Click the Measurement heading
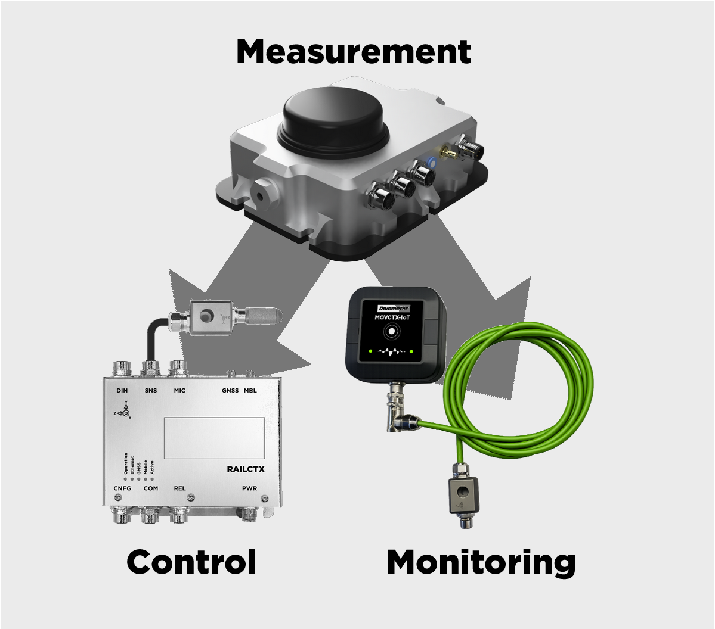pyautogui.click(x=354, y=52)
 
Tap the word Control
pyautogui.click(x=191, y=562)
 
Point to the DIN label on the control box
pyautogui.click(x=122, y=391)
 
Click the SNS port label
pyautogui.click(x=151, y=391)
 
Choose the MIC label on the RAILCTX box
pyautogui.click(x=179, y=391)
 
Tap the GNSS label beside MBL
pyautogui.click(x=230, y=391)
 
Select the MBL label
pyautogui.click(x=250, y=391)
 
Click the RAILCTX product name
pyautogui.click(x=246, y=469)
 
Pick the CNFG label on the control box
pyautogui.click(x=122, y=488)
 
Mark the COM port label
pyautogui.click(x=151, y=488)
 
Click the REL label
pyautogui.click(x=179, y=488)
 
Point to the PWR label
pyautogui.click(x=249, y=488)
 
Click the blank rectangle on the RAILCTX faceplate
pyautogui.click(x=214, y=438)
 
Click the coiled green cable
pyautogui.click(x=525, y=381)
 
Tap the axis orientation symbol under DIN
pyautogui.click(x=125, y=412)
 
